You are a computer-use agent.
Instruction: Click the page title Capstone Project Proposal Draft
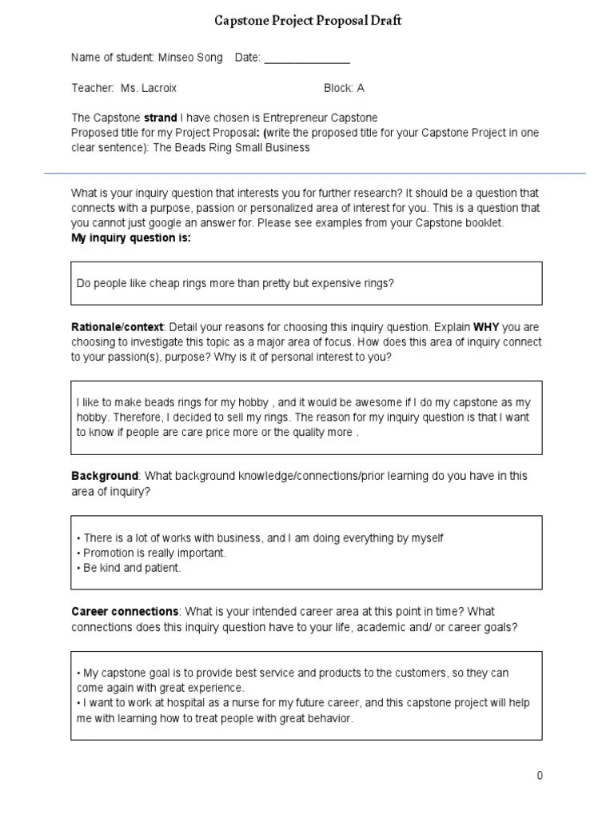307,21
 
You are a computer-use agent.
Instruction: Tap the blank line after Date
306,60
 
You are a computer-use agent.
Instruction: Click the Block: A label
344,88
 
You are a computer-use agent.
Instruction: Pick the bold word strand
160,118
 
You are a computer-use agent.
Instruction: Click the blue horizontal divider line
315,173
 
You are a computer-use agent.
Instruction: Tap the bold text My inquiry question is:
131,238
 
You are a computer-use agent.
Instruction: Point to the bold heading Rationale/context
118,327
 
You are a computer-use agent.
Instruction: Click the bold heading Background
105,476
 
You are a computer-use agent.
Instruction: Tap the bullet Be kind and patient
131,568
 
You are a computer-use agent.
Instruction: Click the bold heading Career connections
125,612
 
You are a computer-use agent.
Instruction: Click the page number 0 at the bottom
540,775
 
